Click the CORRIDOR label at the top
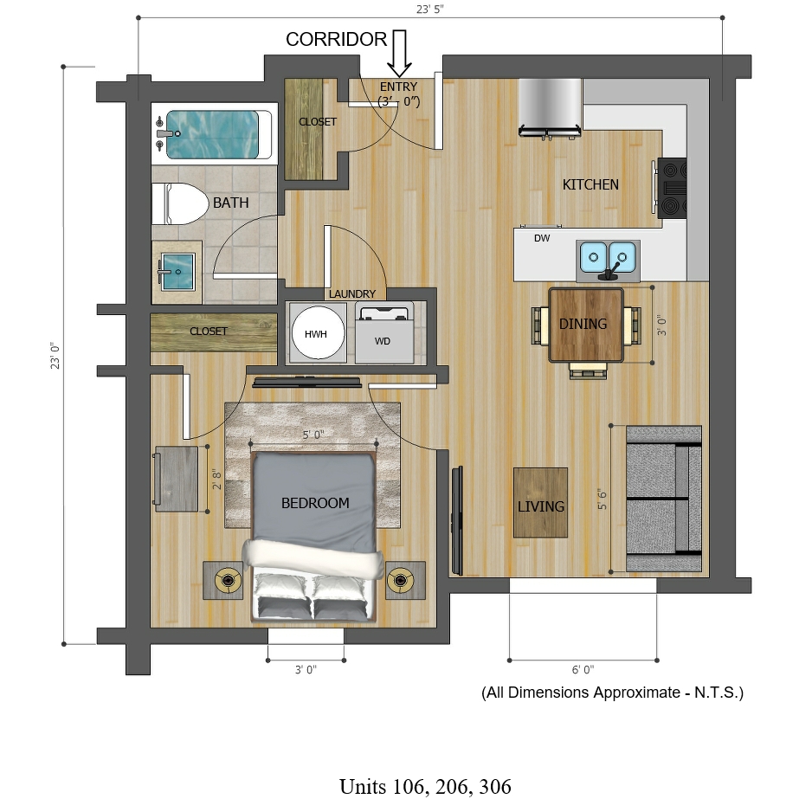click(x=336, y=39)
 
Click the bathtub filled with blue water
click(x=212, y=135)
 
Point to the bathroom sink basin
click(x=177, y=271)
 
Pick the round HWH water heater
click(x=318, y=333)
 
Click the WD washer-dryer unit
click(x=384, y=333)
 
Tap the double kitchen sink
click(x=608, y=258)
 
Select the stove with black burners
click(x=672, y=188)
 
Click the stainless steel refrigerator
click(x=550, y=108)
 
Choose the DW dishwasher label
click(x=542, y=238)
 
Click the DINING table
click(x=586, y=325)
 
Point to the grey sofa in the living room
click(x=664, y=499)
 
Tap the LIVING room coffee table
click(x=541, y=503)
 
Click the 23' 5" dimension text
click(x=430, y=10)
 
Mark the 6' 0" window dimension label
click(x=583, y=669)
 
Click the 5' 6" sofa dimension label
click(x=602, y=499)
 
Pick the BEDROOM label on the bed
click(x=315, y=503)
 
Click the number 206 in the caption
click(x=453, y=787)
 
